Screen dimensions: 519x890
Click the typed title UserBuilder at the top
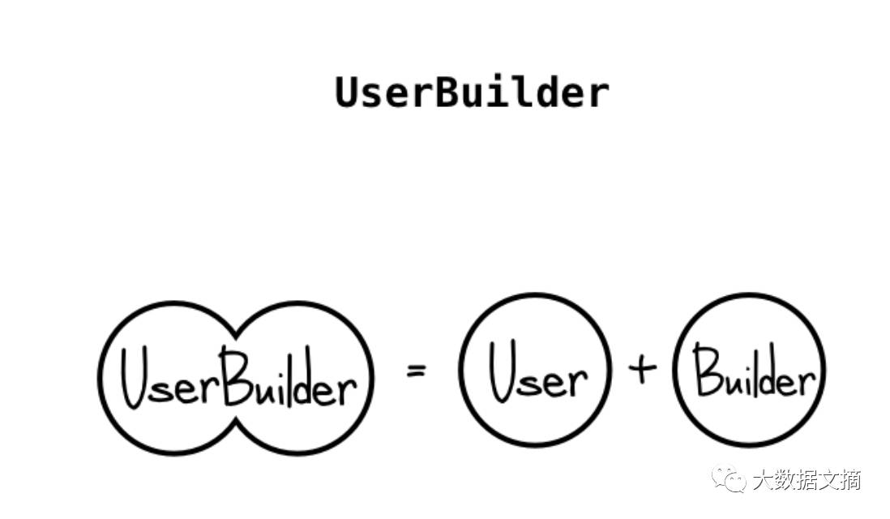coord(472,92)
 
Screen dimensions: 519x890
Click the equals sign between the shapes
coord(416,372)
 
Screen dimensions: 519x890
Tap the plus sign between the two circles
coord(641,370)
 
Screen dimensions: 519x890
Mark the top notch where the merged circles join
coord(237,332)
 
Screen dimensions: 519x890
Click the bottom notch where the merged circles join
coord(237,422)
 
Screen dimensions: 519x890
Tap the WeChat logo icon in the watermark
coord(728,479)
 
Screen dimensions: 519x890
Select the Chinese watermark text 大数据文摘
coord(806,480)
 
